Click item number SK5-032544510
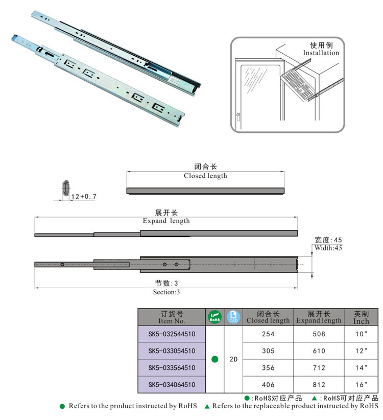[x=171, y=334]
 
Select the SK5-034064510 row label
[x=171, y=384]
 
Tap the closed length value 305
[x=268, y=351]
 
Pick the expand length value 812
[x=319, y=384]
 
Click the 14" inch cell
[x=361, y=367]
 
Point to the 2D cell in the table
[x=233, y=359]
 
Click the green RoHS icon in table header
[x=214, y=317]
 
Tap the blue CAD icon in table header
[x=233, y=317]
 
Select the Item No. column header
[x=172, y=317]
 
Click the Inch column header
[x=361, y=317]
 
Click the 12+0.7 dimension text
[x=84, y=196]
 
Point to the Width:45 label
[x=328, y=248]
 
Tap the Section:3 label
[x=166, y=292]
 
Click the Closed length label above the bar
[x=205, y=176]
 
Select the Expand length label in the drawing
[x=166, y=221]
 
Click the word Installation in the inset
[x=321, y=53]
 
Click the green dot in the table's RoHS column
[x=214, y=359]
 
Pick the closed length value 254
[x=268, y=334]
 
